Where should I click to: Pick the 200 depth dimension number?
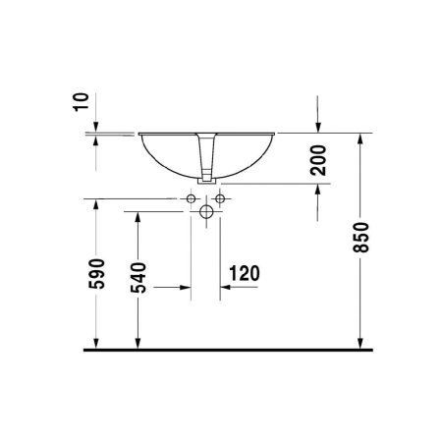point(317,159)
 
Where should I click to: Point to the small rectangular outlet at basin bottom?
point(206,180)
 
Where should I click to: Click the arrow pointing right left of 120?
point(186,287)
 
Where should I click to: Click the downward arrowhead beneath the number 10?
point(95,126)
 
